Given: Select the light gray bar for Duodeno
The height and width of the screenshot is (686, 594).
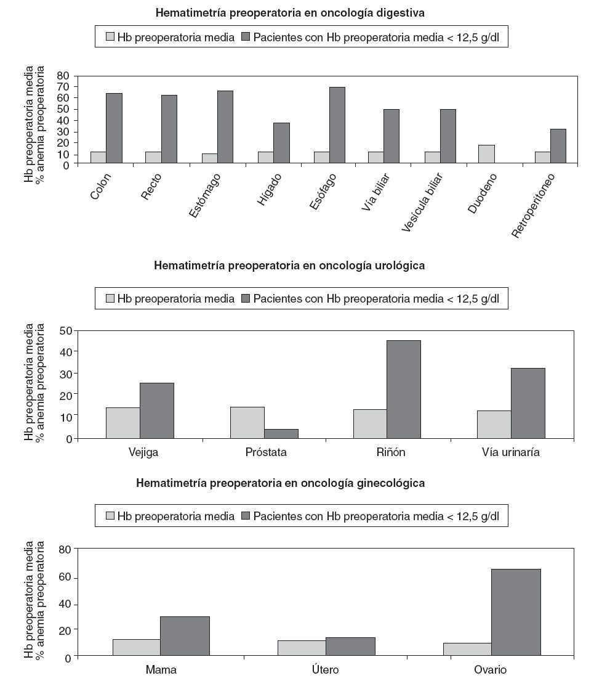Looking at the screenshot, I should tap(486, 154).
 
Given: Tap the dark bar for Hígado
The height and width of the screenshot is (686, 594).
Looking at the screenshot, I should tap(281, 143).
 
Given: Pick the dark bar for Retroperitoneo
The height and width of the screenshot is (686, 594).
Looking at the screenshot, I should tap(558, 146).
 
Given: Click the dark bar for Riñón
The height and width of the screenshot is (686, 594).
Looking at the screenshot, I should tap(404, 389).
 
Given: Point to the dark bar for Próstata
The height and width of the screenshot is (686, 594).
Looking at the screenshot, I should tap(281, 433).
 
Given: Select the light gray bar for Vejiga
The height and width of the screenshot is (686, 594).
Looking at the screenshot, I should tap(122, 423).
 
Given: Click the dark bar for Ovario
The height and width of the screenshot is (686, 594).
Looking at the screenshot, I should tap(516, 613).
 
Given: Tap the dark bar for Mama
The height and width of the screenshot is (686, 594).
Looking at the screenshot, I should tap(185, 636).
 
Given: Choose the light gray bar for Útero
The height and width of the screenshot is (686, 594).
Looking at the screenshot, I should tap(302, 648).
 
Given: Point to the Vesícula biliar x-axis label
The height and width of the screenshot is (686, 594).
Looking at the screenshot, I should tap(423, 202).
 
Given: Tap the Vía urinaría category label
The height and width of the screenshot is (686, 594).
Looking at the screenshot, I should tap(510, 452).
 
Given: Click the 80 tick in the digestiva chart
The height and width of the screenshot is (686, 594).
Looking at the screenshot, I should tap(63, 75).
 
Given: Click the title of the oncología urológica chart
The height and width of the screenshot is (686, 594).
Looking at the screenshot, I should tap(289, 266).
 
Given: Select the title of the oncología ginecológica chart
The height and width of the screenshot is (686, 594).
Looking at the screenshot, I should tap(280, 483).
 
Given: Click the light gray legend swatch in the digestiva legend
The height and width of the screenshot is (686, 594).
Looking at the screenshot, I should tap(110, 37).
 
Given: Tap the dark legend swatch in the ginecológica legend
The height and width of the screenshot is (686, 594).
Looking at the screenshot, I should tap(246, 516).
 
